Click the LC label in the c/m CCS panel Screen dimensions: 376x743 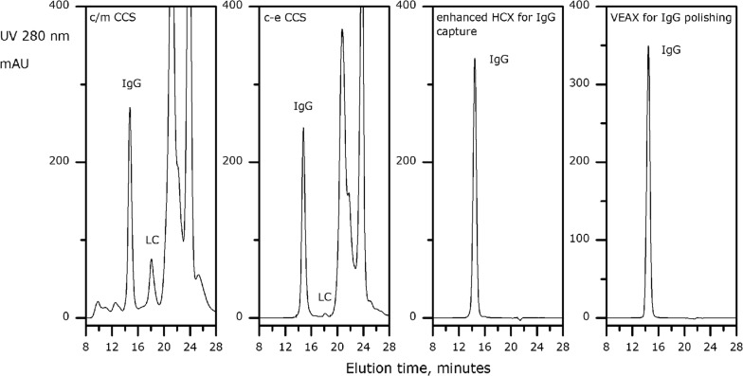[x=153, y=241]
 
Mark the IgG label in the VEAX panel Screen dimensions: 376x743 [x=671, y=48]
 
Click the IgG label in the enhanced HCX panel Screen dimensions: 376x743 [x=499, y=60]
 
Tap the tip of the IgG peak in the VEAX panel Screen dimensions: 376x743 [x=648, y=45]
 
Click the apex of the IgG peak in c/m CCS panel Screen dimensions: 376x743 [x=130, y=108]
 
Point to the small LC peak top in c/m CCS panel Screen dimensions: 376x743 [x=151, y=260]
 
